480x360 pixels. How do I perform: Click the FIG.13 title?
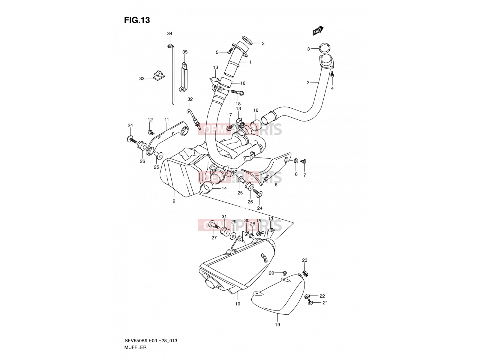(x=137, y=20)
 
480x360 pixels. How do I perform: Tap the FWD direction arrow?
(x=318, y=31)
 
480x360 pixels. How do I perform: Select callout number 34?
(x=170, y=33)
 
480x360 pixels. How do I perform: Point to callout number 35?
(x=185, y=52)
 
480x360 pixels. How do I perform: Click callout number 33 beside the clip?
(x=142, y=79)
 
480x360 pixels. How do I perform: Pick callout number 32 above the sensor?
(x=190, y=99)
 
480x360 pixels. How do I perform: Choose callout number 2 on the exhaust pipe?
(x=308, y=82)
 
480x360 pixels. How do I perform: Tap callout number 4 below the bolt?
(x=332, y=88)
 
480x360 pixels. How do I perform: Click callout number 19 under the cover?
(x=277, y=325)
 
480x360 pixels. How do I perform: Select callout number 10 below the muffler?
(x=238, y=304)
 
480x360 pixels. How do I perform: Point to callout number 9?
(x=174, y=201)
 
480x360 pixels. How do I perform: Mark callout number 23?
(x=304, y=260)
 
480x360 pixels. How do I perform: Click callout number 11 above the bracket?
(x=166, y=119)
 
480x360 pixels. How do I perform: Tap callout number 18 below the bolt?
(x=238, y=104)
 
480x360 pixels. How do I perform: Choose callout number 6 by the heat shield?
(x=276, y=185)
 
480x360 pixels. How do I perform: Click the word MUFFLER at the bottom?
(x=135, y=347)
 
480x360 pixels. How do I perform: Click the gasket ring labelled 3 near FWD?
(x=325, y=48)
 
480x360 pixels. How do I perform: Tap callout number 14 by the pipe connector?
(x=224, y=188)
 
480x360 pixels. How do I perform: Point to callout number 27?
(x=214, y=238)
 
